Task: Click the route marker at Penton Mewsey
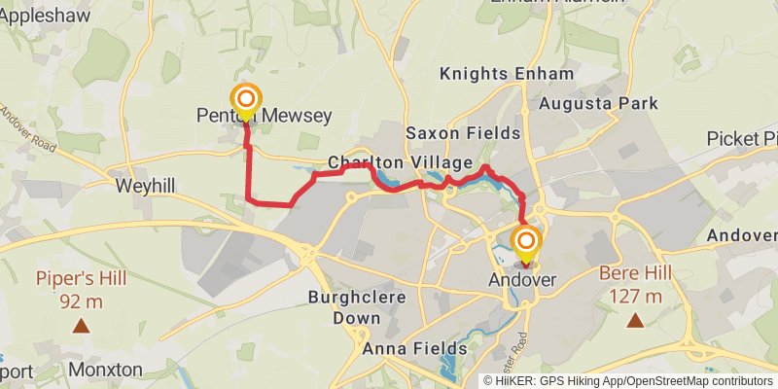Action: point(246,99)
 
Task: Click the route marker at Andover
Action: point(526,242)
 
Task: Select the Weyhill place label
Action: point(144,185)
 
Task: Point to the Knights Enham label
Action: point(507,74)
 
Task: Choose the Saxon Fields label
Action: point(463,133)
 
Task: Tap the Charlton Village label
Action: point(400,162)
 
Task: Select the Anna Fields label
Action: point(414,348)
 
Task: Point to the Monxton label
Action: point(106,371)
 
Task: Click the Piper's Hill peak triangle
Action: point(82,328)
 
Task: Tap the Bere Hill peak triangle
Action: point(635,319)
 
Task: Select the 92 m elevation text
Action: point(82,301)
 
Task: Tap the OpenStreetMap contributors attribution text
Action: point(680,381)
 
